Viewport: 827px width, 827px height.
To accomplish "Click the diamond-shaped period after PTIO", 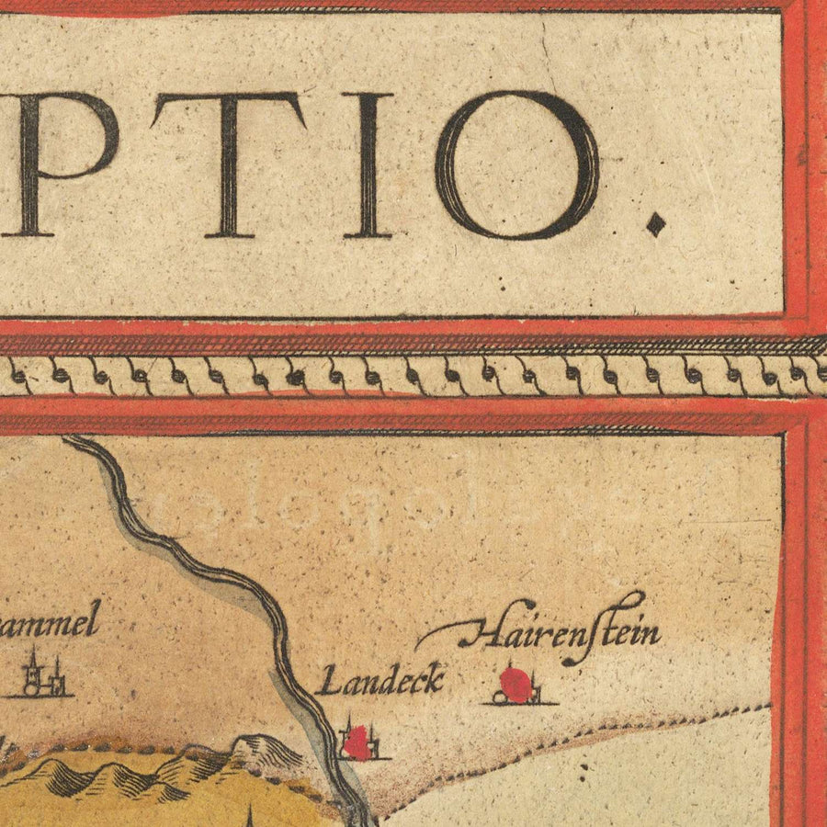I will tap(655, 223).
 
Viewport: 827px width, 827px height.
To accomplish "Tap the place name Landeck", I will tap(380, 681).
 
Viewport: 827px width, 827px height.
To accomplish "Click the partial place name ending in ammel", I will tap(51, 626).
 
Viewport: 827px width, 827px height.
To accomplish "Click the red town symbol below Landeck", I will tap(358, 742).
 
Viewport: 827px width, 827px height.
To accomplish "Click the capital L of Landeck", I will tap(323, 683).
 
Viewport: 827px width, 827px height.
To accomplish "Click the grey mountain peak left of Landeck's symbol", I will tap(266, 749).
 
